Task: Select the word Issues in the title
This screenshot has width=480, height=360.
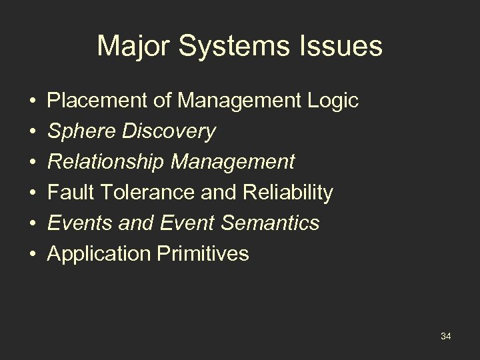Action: coord(341,47)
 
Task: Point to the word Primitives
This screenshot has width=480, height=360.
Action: coord(203,253)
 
